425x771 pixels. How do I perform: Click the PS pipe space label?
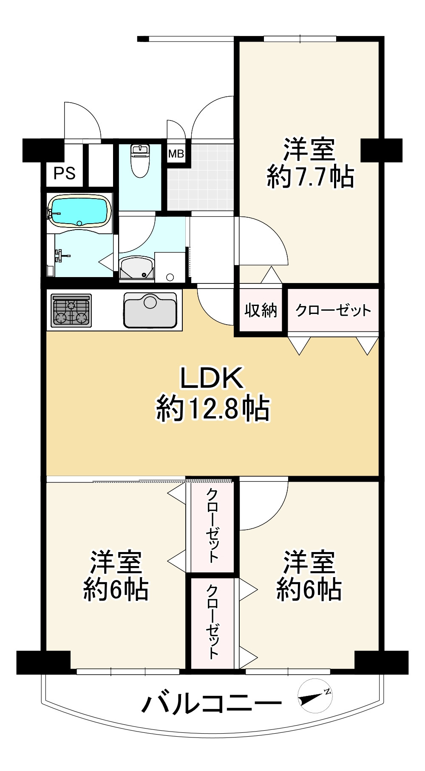tap(65, 173)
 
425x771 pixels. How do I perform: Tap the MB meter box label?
tap(176, 153)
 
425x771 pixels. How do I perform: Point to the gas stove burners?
tap(71, 311)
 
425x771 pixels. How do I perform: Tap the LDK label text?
tap(212, 378)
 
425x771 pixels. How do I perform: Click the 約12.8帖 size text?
tap(213, 409)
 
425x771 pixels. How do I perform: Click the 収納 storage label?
tap(261, 310)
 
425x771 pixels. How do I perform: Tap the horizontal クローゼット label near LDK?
tap(333, 310)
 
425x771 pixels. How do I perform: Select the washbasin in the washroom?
tap(137, 269)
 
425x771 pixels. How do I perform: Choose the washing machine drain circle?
tap(170, 277)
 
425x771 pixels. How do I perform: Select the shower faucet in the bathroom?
tap(60, 256)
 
